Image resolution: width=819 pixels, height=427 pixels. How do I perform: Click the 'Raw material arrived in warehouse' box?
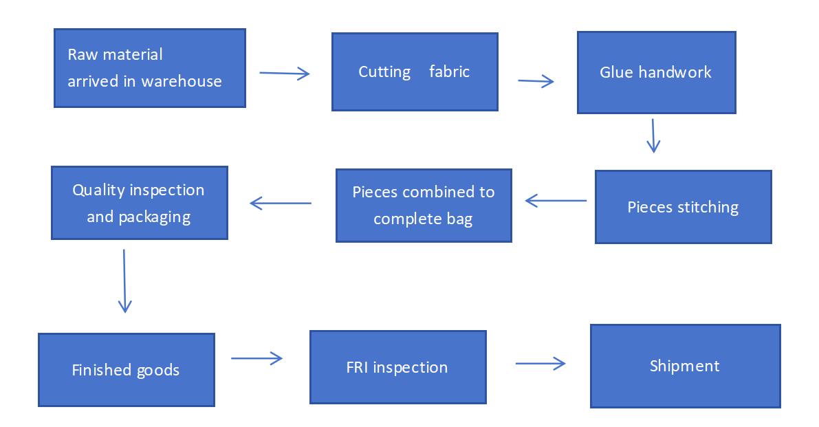click(150, 68)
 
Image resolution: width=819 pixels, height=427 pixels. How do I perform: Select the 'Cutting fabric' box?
click(415, 72)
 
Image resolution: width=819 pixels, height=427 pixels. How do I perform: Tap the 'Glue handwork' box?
click(656, 72)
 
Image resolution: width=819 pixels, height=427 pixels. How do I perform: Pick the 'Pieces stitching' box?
click(683, 207)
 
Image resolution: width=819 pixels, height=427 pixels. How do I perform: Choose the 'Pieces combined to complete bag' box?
click(424, 206)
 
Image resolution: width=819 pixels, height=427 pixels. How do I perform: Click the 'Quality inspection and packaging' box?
click(139, 203)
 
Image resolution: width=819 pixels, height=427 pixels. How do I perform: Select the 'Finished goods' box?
click(126, 370)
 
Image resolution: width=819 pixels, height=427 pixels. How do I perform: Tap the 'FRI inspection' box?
click(397, 367)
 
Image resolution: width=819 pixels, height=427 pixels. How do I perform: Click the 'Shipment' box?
click(685, 366)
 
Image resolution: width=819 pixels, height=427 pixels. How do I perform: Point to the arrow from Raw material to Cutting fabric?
click(285, 74)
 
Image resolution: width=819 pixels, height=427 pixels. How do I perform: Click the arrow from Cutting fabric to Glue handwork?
click(536, 82)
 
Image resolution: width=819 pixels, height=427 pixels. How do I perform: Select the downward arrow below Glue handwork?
click(653, 135)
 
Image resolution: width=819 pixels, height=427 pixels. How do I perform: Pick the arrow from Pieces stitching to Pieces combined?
click(556, 201)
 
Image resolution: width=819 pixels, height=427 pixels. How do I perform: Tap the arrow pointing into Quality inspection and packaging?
click(281, 203)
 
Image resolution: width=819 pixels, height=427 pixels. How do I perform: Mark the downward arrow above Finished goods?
click(124, 281)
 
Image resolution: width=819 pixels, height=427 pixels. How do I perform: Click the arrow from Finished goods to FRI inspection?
click(256, 358)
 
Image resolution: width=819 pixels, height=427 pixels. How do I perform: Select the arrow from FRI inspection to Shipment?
click(540, 363)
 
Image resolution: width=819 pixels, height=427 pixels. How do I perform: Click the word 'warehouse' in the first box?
click(182, 81)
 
